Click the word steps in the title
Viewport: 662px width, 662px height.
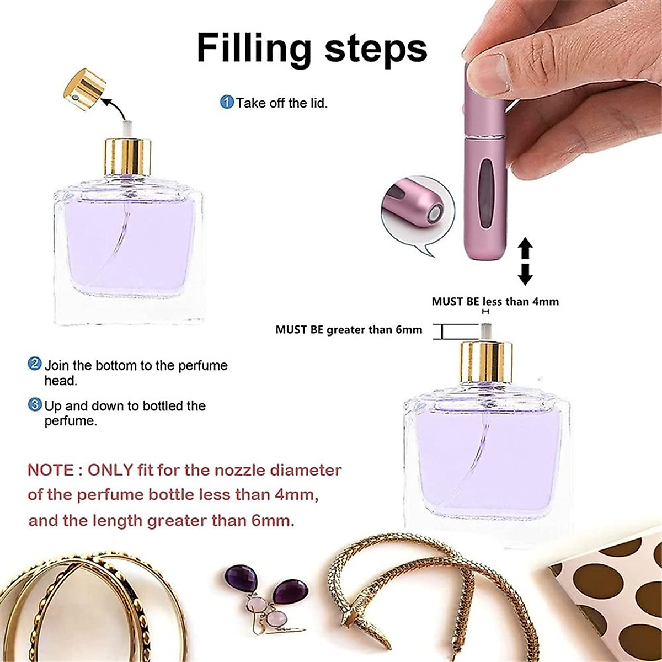pos(376,49)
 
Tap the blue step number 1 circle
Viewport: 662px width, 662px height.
pos(227,102)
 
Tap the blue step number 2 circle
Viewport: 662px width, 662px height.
pos(35,365)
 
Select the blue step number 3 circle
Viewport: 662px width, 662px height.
pos(35,405)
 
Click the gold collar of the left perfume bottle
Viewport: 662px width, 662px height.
pos(128,157)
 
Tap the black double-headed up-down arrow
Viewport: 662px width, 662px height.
pos(525,261)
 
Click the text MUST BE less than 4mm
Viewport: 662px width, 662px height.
pos(495,301)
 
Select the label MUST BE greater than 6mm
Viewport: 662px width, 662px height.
pos(349,330)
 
